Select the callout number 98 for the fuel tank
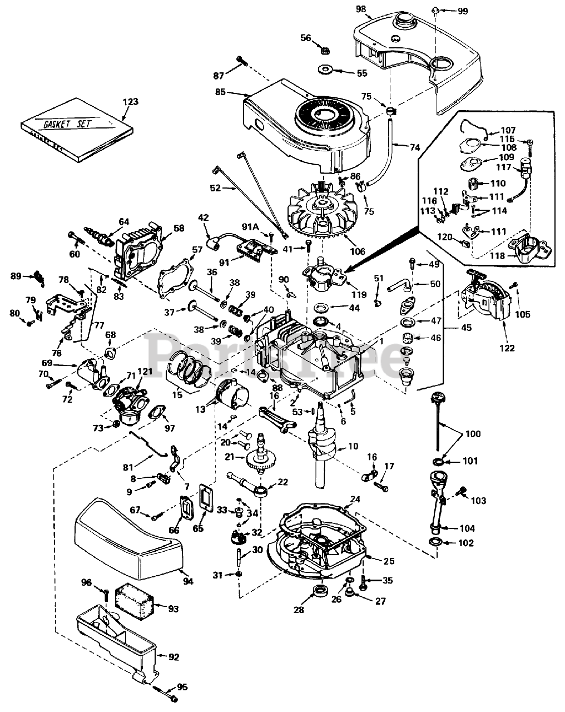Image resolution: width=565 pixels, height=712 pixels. pyautogui.click(x=361, y=8)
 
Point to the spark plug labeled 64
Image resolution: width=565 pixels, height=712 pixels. pyautogui.click(x=98, y=234)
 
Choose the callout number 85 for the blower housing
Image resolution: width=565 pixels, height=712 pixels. pyautogui.click(x=220, y=92)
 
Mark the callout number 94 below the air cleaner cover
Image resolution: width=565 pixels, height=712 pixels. pyautogui.click(x=188, y=581)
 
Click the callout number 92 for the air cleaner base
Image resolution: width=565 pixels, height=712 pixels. pyautogui.click(x=174, y=657)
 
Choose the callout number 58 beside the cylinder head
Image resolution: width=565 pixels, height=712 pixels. pyautogui.click(x=179, y=228)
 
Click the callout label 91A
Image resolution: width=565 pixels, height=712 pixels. pyautogui.click(x=251, y=226)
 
